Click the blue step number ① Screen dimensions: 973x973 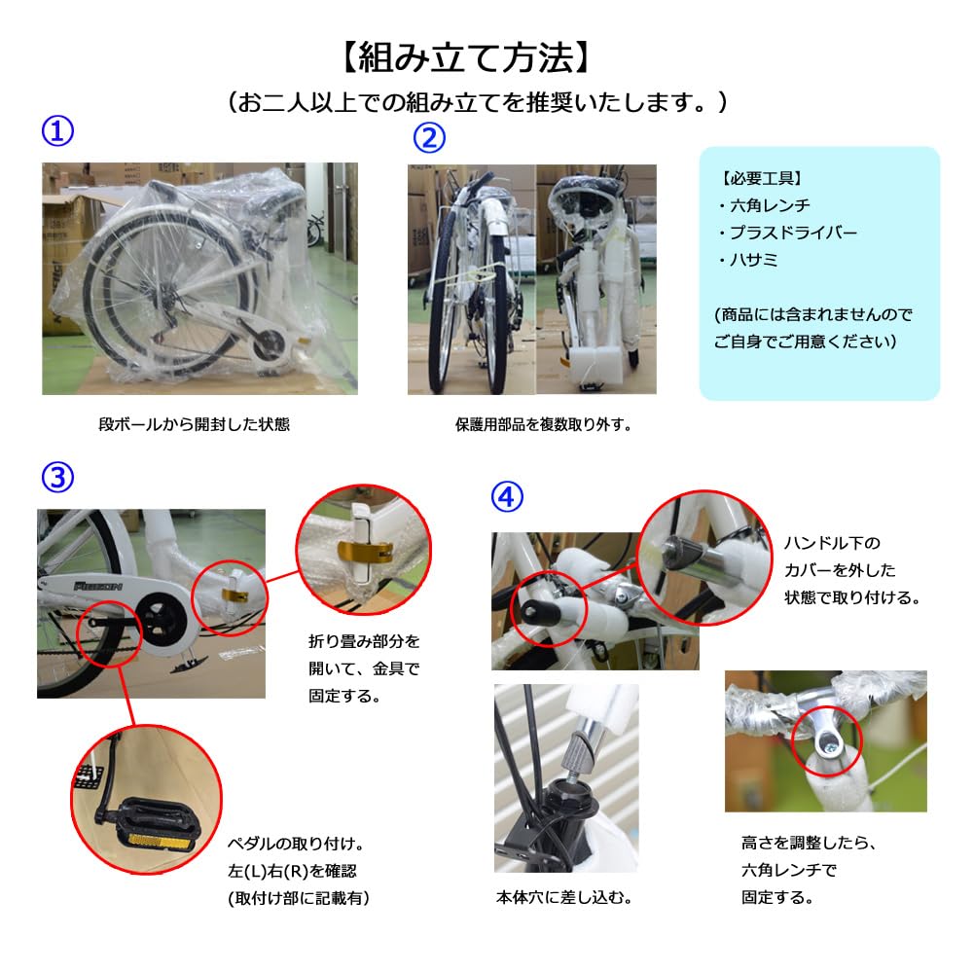coord(57,131)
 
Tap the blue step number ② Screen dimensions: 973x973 coord(429,138)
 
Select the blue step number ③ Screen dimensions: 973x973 coord(57,477)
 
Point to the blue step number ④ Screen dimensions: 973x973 coord(507,496)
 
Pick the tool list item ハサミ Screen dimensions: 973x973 coord(748,260)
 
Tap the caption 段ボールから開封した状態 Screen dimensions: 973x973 coord(195,424)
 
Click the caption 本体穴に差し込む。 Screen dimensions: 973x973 coord(564,897)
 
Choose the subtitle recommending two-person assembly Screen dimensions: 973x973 coord(478,101)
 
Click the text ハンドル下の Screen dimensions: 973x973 coord(832,543)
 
